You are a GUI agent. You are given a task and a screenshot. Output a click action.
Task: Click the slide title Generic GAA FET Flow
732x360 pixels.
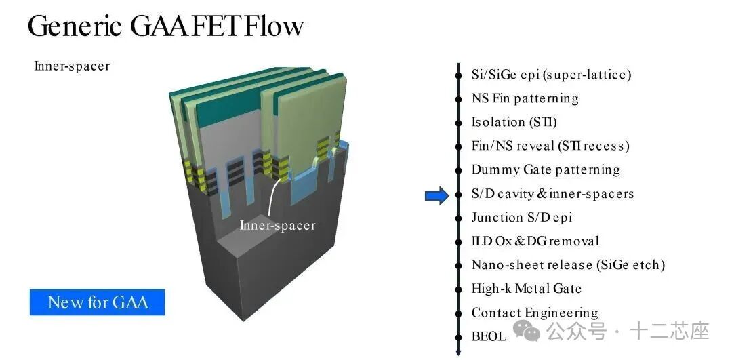165,26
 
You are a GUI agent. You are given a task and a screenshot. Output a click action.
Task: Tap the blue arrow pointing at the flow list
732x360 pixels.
436,197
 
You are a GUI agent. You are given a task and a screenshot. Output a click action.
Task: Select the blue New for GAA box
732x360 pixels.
97,302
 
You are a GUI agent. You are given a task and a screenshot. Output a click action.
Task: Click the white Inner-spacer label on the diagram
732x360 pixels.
277,225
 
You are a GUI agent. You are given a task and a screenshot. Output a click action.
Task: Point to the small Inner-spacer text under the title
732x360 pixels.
72,66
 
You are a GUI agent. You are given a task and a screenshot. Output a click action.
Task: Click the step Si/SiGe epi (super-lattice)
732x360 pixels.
551,75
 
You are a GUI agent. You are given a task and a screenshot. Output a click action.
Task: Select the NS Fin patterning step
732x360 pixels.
525,98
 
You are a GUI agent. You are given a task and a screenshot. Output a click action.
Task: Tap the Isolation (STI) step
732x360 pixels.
514,122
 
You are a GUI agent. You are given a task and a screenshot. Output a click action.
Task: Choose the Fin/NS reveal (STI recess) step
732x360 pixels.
550,146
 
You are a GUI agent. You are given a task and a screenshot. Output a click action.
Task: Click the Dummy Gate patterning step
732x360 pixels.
546,169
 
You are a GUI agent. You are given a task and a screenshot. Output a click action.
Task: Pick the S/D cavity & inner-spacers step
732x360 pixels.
552,193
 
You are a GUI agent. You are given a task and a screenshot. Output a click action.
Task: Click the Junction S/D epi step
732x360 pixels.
522,217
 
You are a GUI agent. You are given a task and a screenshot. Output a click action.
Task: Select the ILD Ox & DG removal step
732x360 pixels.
535,241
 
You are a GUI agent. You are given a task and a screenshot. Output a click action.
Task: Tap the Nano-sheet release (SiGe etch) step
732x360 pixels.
568,264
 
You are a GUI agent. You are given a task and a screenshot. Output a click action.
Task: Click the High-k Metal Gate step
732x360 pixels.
527,288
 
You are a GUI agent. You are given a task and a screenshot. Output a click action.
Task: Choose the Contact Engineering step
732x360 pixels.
535,313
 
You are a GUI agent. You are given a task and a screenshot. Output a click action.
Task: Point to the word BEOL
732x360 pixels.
489,336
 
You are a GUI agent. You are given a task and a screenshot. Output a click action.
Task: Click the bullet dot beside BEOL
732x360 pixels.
458,336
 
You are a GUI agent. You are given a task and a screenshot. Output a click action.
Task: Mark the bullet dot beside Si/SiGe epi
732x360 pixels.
458,75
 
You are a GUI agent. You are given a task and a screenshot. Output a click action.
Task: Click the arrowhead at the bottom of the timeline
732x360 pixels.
458,352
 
